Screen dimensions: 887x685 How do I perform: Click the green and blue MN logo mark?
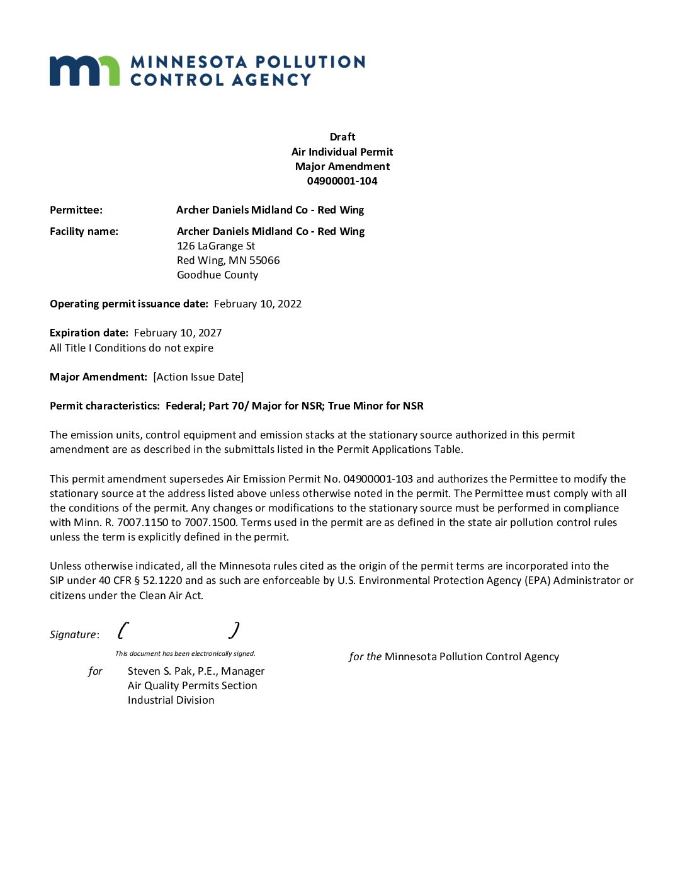(x=84, y=71)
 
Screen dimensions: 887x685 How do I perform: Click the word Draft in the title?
(x=342, y=137)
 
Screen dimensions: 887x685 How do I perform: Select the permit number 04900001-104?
(x=342, y=181)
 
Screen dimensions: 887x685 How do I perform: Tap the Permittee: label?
(x=76, y=210)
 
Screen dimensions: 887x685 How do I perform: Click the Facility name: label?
(x=84, y=231)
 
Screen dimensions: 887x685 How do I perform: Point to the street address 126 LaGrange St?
(x=216, y=246)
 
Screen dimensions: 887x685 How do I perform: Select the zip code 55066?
(x=264, y=260)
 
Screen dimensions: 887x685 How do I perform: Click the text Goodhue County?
(x=217, y=275)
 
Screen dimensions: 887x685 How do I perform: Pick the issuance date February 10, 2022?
(x=258, y=304)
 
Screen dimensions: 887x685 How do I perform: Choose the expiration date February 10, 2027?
(x=178, y=333)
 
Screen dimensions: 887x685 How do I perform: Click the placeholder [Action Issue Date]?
(x=198, y=377)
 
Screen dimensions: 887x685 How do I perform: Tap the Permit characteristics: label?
(x=105, y=406)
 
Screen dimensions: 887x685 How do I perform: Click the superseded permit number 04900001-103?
(x=378, y=479)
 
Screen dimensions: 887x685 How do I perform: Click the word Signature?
(x=73, y=634)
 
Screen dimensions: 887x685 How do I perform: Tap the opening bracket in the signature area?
(x=123, y=630)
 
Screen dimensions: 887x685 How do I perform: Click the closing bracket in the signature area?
(x=234, y=630)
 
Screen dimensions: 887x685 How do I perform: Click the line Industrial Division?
(x=171, y=700)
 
